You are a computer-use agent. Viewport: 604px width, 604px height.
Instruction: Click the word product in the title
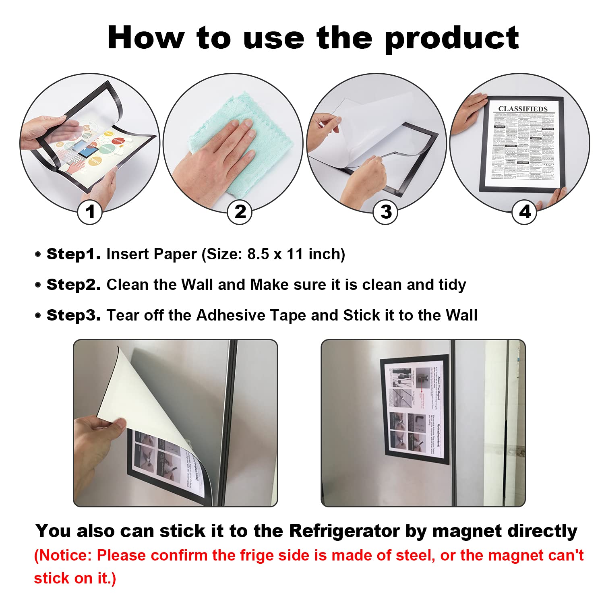(x=451, y=38)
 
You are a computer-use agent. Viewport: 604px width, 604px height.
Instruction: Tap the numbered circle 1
(x=90, y=212)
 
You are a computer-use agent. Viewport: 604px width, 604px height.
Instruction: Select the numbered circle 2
(x=240, y=212)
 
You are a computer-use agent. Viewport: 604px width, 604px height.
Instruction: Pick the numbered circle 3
(x=385, y=212)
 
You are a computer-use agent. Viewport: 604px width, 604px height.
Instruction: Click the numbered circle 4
(x=524, y=212)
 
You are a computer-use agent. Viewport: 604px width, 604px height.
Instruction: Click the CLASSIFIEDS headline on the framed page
(x=523, y=109)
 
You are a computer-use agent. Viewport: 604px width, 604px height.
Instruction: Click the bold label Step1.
(x=73, y=254)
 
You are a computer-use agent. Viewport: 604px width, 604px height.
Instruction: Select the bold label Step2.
(x=73, y=285)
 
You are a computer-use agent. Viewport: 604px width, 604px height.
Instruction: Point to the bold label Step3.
(x=73, y=315)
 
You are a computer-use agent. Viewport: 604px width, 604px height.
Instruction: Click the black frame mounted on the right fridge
(x=415, y=409)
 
